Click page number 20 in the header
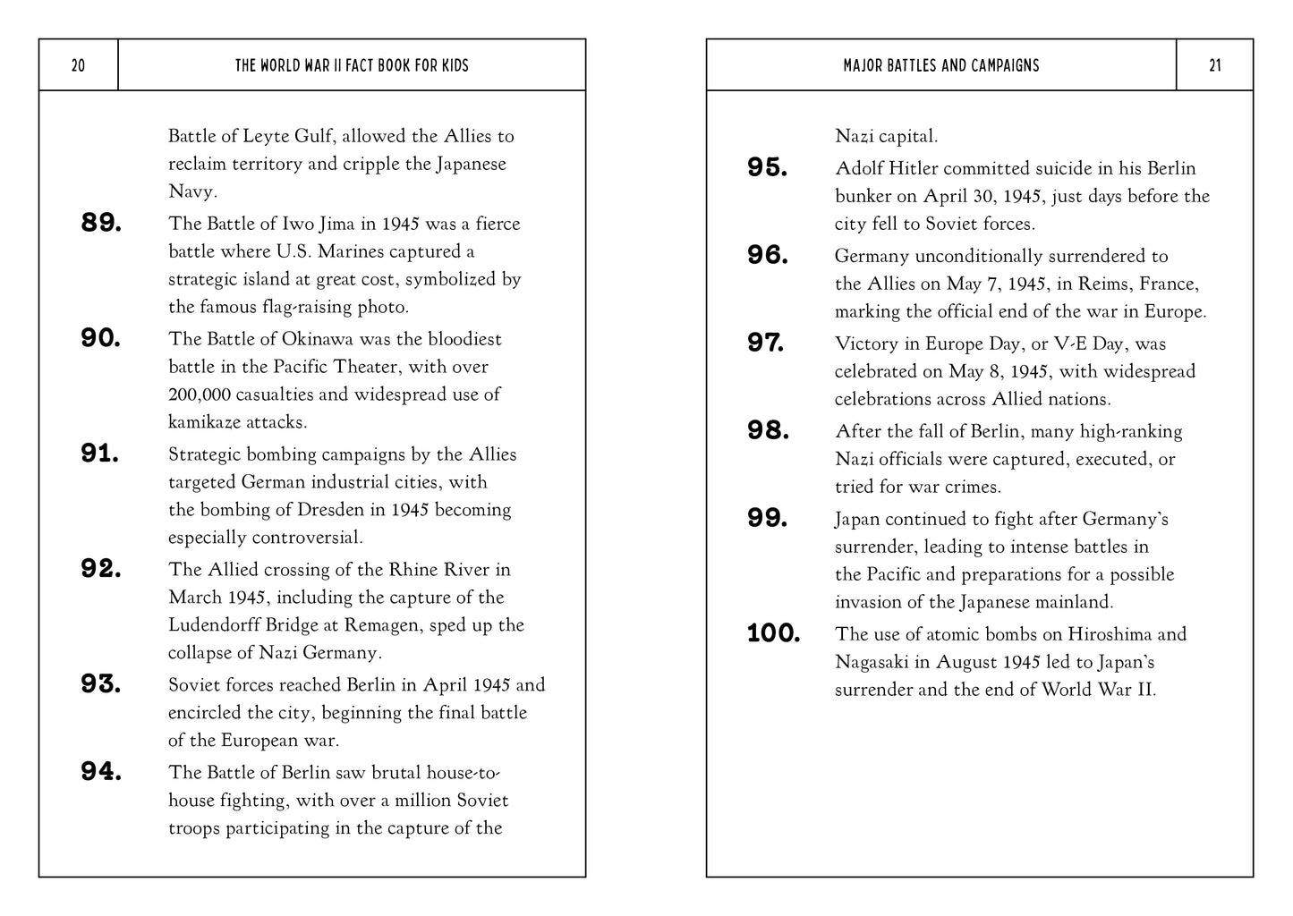pos(78,65)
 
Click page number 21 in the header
pos(1214,65)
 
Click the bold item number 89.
pos(101,224)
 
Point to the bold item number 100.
pos(773,634)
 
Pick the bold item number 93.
pos(101,685)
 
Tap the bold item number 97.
pos(766,343)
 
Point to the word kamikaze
pos(204,422)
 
